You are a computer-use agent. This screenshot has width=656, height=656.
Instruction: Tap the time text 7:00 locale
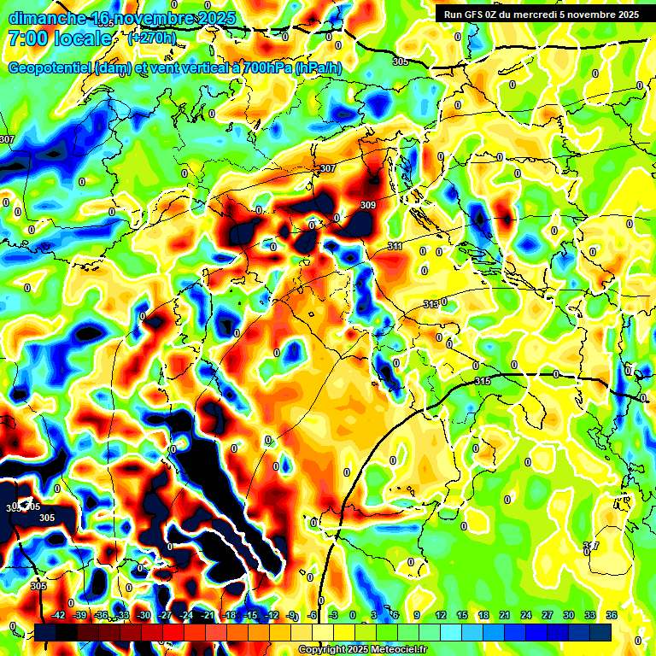(59, 38)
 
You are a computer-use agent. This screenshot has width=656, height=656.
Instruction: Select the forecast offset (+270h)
(152, 38)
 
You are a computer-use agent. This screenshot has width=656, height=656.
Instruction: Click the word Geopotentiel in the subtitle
(50, 68)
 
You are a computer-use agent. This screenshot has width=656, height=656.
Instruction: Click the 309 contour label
(368, 206)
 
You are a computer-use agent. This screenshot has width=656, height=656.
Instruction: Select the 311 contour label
(395, 246)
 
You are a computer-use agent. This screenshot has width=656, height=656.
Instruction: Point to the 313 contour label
(431, 304)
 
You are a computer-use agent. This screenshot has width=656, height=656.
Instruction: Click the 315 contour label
(483, 381)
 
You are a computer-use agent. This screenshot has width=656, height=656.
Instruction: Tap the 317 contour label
(591, 546)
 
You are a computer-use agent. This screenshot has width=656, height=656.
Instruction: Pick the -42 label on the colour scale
(59, 615)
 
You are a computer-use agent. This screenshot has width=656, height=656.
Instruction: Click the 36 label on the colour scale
(612, 615)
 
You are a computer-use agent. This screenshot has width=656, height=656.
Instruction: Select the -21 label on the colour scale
(208, 615)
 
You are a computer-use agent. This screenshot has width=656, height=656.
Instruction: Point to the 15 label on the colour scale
(462, 615)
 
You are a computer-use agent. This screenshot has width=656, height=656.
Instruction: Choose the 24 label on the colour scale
(526, 615)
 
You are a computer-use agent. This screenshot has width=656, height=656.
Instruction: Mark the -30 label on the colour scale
(144, 615)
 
